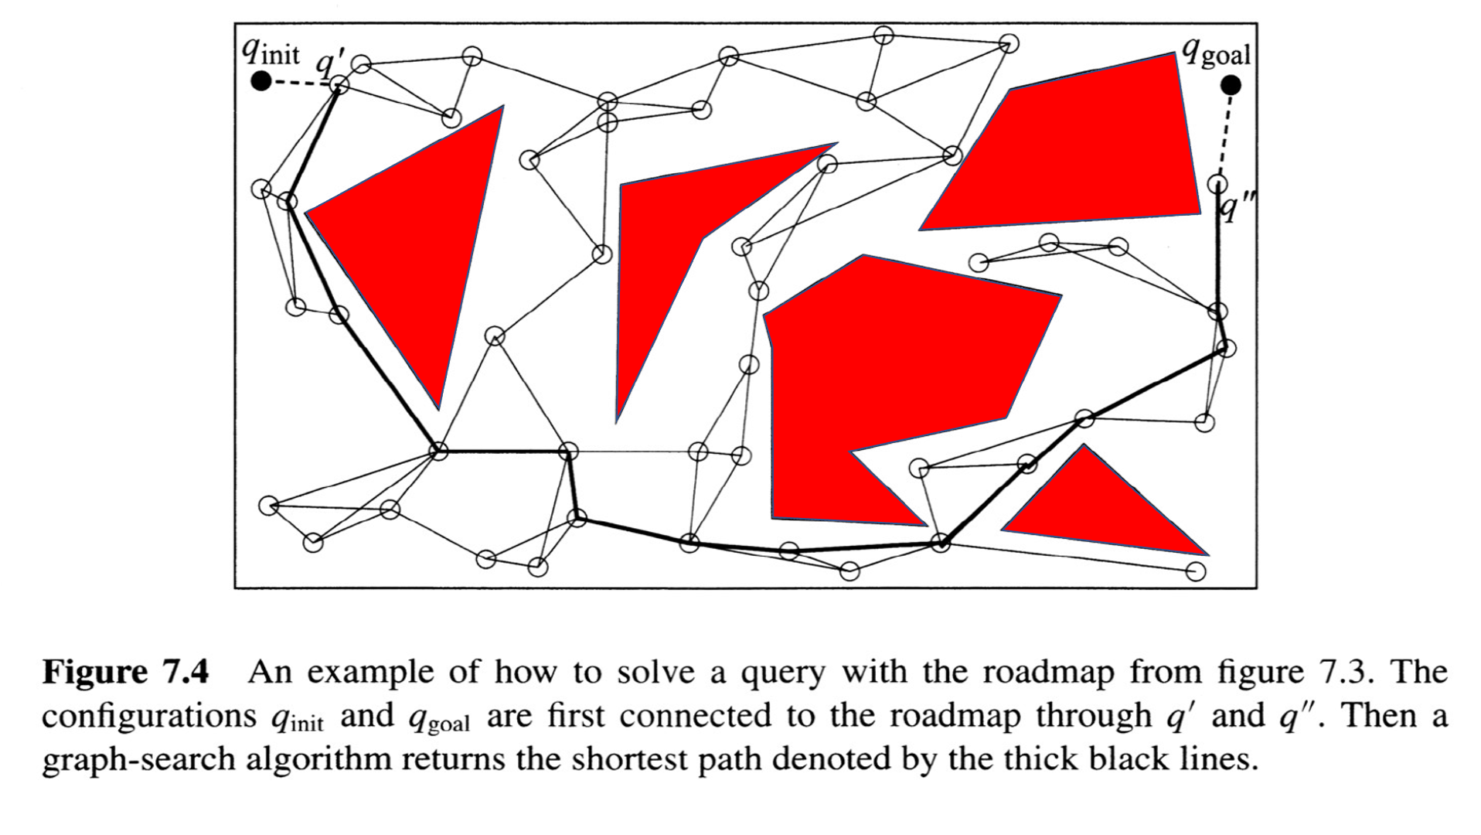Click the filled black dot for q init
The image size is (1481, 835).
point(262,80)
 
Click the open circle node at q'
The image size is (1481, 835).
point(340,84)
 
